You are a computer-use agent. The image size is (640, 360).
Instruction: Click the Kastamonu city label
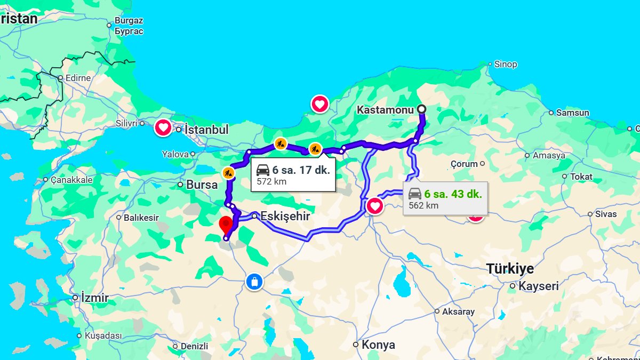tap(385, 110)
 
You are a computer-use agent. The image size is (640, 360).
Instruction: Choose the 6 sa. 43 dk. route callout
tap(445, 198)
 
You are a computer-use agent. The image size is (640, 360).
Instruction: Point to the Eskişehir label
tap(285, 217)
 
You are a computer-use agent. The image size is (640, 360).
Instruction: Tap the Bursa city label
tap(202, 185)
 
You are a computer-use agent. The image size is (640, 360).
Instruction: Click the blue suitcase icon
tap(254, 282)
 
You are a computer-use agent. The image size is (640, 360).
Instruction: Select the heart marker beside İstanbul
tap(163, 128)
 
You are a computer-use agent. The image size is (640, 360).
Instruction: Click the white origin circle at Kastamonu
tap(422, 109)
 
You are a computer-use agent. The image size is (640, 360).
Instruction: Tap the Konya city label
tap(378, 345)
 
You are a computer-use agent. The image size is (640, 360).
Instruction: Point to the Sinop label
tap(505, 64)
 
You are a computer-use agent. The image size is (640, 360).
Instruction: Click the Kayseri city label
tap(539, 286)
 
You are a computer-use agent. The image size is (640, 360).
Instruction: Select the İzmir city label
tap(94, 298)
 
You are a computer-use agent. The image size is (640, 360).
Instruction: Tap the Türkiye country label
tap(509, 268)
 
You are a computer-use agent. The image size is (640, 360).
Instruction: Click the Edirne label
tap(78, 78)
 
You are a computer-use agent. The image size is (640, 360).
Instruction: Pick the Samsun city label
tap(572, 113)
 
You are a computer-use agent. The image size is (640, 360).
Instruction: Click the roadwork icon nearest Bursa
tap(228, 172)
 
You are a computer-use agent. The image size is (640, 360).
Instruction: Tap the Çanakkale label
tap(71, 180)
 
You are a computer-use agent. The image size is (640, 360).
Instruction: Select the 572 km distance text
tap(271, 181)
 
